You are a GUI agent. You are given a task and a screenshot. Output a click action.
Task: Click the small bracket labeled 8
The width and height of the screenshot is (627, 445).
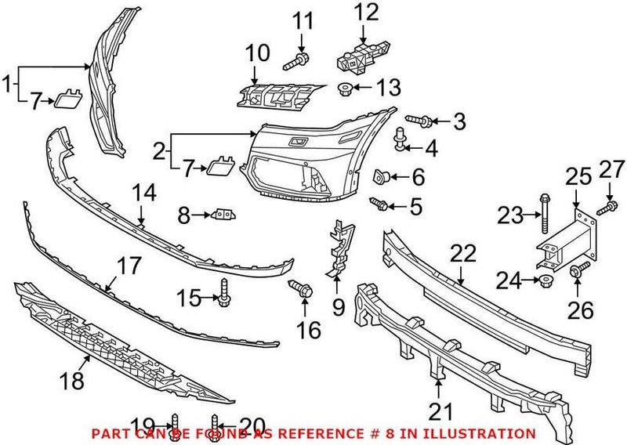(x=223, y=214)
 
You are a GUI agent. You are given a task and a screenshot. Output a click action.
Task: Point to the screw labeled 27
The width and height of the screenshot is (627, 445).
(x=603, y=208)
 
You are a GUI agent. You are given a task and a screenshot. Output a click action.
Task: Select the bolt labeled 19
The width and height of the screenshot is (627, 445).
(x=175, y=423)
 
